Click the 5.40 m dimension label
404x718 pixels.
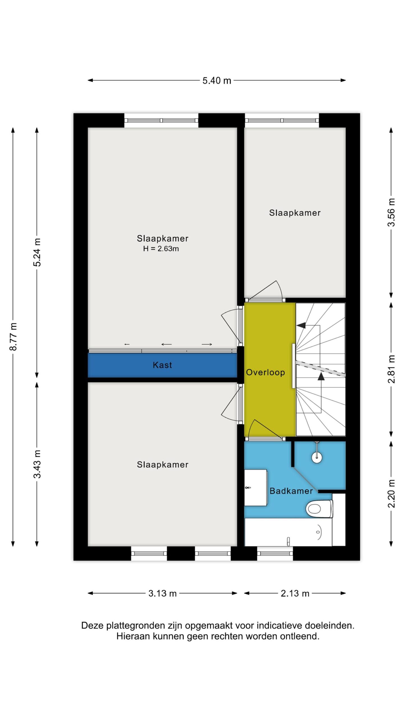tap(217, 80)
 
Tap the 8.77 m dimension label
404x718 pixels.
tap(13, 336)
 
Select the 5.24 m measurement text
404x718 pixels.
tap(37, 252)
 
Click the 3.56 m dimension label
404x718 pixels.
tap(391, 212)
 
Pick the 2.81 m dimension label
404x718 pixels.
tap(391, 369)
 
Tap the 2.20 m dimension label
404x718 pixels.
tap(391, 494)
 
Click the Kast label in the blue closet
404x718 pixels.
tap(162, 365)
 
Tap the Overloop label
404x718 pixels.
tap(265, 372)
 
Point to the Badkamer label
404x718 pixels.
tap(291, 491)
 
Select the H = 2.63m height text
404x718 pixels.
tap(161, 248)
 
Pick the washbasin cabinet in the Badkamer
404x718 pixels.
tap(256, 488)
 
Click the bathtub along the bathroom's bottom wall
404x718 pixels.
tap(288, 532)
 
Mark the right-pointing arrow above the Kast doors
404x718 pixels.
tap(207, 344)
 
